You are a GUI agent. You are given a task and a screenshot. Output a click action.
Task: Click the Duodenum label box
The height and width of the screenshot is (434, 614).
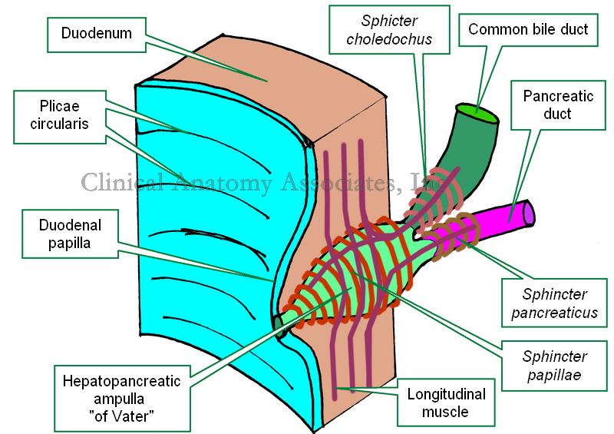(x=97, y=34)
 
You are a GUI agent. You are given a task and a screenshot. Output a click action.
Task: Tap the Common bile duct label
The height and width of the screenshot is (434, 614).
(x=529, y=30)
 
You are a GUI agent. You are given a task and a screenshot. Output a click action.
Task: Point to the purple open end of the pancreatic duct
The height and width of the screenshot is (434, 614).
(x=529, y=212)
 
